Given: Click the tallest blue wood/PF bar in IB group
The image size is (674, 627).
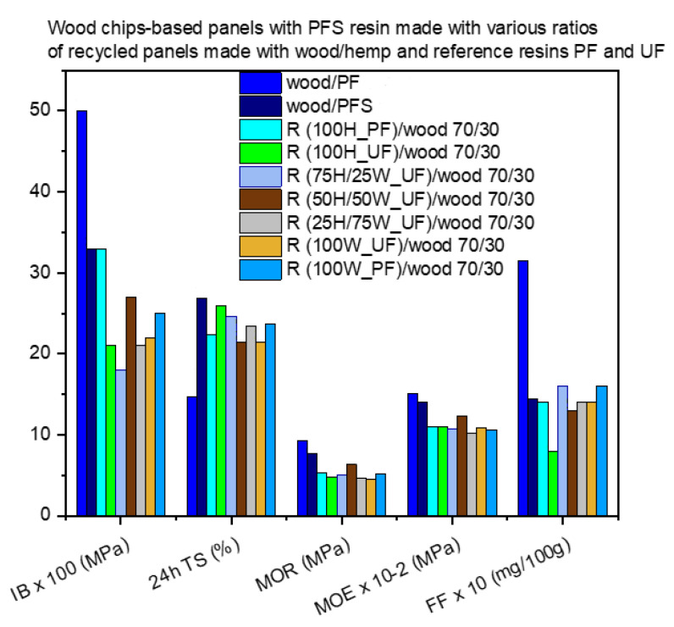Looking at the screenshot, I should click(x=81, y=313).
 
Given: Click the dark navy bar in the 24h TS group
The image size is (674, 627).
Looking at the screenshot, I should click(x=201, y=407).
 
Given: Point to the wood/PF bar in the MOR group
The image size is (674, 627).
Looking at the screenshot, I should click(x=301, y=478).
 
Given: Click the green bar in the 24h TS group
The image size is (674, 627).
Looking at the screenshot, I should click(x=220, y=410).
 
